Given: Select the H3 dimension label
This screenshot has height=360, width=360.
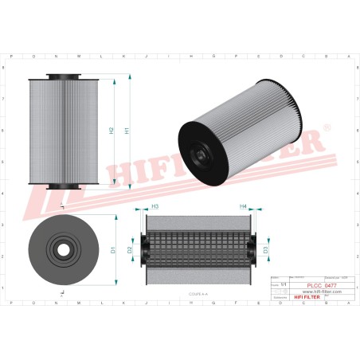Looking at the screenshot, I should coord(155,206).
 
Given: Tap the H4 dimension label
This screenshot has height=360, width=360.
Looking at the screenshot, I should coord(244,206).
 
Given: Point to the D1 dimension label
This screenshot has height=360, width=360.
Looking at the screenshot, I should coord(113,250).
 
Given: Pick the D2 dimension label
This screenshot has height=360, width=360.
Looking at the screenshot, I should coord(130,250).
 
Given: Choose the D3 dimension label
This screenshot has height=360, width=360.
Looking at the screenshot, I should coord(265,250).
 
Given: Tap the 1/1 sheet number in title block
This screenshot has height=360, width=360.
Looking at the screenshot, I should coord(284,281).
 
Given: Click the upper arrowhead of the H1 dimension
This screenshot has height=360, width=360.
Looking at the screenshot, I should coord(128,77).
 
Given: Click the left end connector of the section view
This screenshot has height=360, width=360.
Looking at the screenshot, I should coord(143,249).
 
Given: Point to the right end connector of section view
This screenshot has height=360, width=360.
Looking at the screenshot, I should coord(254,249).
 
